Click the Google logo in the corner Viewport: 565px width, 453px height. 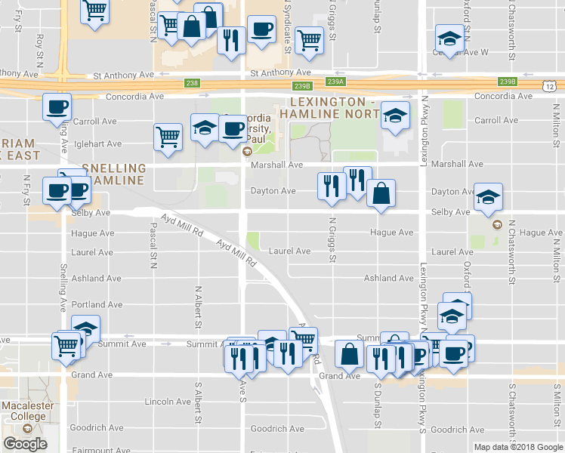click(25, 444)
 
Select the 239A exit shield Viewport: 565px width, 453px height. click(336, 82)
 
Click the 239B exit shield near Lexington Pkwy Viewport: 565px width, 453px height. click(507, 82)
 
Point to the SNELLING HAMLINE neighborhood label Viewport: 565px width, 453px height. click(114, 174)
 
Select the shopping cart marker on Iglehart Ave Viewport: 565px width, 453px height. click(168, 137)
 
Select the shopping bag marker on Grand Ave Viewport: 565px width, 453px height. click(349, 353)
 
